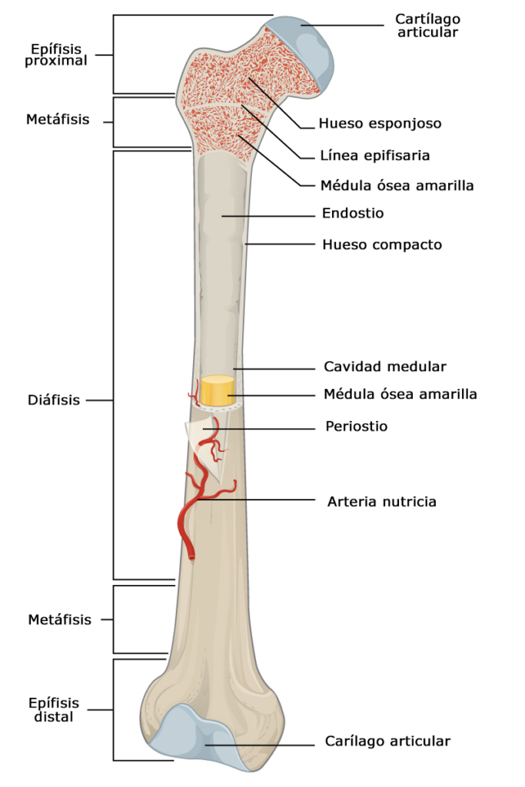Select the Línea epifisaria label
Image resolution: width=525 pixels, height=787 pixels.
coord(374,155)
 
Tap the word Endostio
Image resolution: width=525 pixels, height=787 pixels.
coord(354,213)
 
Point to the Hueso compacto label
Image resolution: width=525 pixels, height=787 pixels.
coord(382,245)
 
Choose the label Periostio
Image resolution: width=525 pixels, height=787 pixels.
coord(356,426)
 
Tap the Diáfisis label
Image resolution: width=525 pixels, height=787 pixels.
coord(54,400)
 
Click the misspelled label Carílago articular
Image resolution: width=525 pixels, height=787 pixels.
coord(387,741)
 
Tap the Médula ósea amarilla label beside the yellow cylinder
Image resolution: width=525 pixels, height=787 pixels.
coord(400,394)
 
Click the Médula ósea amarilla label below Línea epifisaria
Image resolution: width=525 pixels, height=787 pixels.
coord(397,185)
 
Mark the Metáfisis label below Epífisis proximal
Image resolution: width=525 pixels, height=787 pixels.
coord(58,120)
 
